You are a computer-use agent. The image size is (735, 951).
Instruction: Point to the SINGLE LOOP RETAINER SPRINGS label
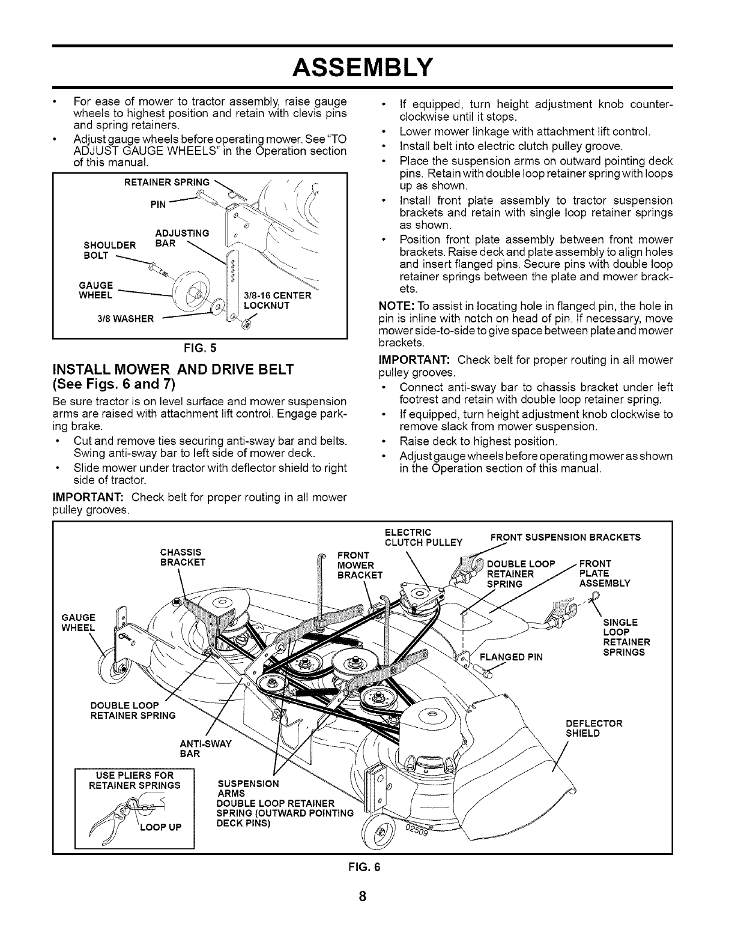tap(626, 637)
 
